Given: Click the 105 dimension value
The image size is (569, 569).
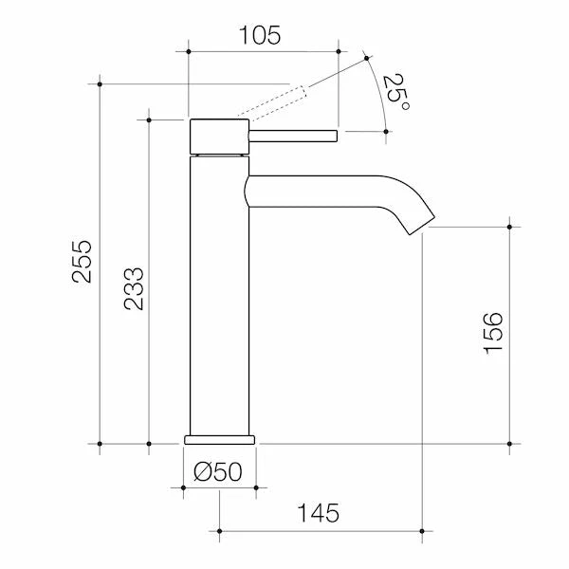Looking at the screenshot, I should tap(261, 36).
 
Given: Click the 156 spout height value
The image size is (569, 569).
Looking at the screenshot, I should tap(494, 333).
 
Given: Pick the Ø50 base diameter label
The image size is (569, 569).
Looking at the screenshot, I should tap(219, 471).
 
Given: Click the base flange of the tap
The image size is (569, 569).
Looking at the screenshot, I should tap(219, 439).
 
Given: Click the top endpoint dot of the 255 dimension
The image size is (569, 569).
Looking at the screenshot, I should tap(101, 83).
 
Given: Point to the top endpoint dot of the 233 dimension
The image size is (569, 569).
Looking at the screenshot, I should tap(149, 119).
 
